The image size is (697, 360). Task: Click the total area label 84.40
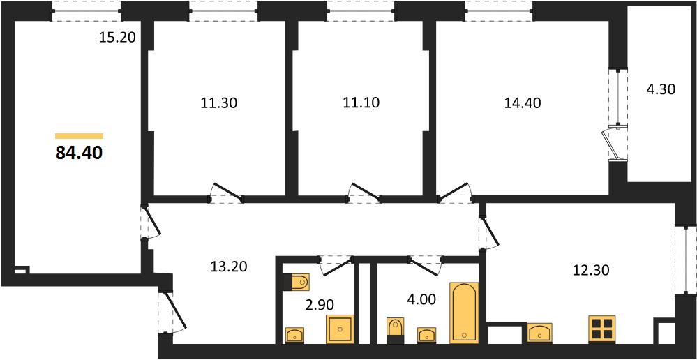[x=79, y=153]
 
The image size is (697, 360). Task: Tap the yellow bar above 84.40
[x=79, y=136]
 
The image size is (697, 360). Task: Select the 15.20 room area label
[x=117, y=38]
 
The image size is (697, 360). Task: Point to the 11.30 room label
[x=218, y=103]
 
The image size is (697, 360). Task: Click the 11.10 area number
[x=361, y=103]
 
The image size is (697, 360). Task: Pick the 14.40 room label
[x=523, y=103]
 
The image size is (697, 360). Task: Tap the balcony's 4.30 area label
[x=661, y=90]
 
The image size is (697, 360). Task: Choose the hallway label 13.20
[x=228, y=267]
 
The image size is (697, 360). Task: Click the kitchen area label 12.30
[x=591, y=269]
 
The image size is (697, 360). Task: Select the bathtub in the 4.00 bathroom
[x=464, y=313]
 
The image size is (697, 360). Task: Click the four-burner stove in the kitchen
[x=602, y=329]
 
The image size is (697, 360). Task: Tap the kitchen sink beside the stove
[x=539, y=333]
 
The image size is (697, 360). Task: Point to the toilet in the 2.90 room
[x=296, y=281]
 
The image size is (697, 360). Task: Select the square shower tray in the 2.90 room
[x=340, y=329]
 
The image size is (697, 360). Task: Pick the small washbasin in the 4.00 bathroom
[x=427, y=335]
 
